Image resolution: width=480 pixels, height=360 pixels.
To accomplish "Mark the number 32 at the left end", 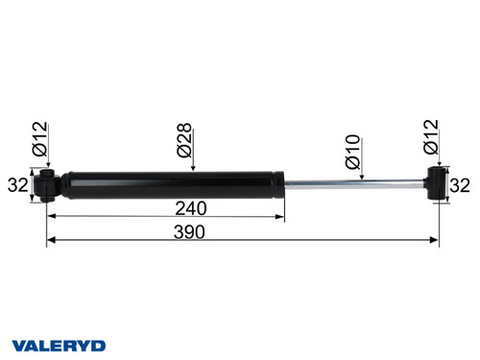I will pyautogui.click(x=16, y=184).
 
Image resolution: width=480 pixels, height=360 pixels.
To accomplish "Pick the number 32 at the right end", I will pyautogui.click(x=462, y=184).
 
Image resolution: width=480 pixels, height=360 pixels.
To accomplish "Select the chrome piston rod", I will pyautogui.click(x=355, y=184).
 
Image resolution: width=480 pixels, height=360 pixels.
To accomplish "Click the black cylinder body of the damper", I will pyautogui.click(x=173, y=184).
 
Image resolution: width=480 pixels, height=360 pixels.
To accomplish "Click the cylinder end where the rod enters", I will pyautogui.click(x=281, y=184).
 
